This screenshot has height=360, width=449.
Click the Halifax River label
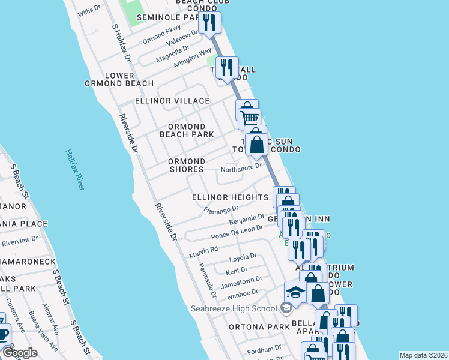tap(75, 170)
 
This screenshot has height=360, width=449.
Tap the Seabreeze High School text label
tap(234, 309)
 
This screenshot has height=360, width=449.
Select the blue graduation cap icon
tap(295, 292)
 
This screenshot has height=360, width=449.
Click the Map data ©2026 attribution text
tap(423, 355)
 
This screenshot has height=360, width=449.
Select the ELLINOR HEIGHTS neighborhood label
tap(230, 197)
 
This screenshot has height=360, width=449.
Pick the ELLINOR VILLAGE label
tap(172, 101)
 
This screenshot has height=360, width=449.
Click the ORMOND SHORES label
tap(178, 166)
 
